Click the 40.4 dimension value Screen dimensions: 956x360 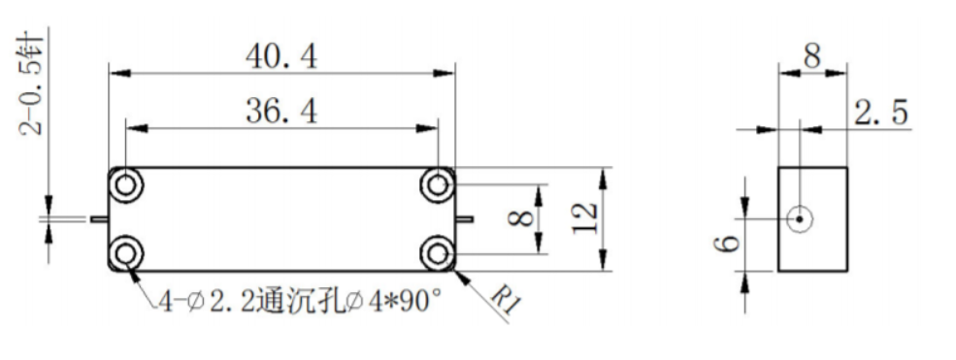click(281, 57)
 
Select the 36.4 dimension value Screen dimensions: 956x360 click(281, 113)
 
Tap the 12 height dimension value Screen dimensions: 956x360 click(584, 218)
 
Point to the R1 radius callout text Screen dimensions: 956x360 click(506, 300)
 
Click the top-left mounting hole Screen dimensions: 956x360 click(125, 184)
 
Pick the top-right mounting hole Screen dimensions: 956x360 click(437, 184)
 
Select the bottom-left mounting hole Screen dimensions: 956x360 click(125, 253)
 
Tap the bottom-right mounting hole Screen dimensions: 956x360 click(437, 253)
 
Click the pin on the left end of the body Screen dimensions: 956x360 click(99, 218)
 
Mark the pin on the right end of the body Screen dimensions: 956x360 click(464, 218)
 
